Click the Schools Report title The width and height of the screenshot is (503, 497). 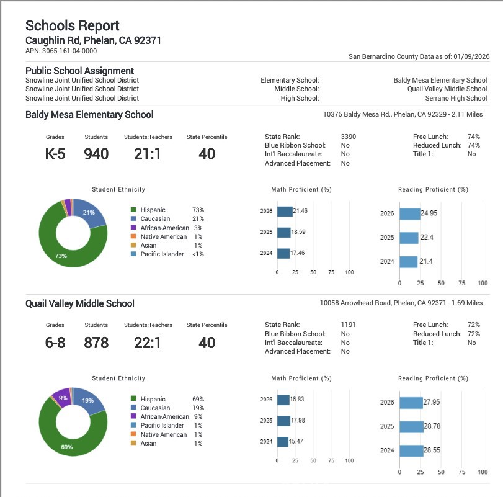click(72, 26)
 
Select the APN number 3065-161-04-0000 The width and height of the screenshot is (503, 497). click(61, 51)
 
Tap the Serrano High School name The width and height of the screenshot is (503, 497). click(456, 98)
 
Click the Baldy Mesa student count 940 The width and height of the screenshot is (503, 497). click(96, 154)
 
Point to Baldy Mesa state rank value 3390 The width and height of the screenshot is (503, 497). click(349, 137)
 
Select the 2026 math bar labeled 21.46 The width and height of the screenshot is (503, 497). click(285, 212)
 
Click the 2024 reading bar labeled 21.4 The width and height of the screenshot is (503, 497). click(408, 262)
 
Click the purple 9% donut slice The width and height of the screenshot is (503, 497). click(63, 397)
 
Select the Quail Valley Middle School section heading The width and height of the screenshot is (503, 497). click(80, 303)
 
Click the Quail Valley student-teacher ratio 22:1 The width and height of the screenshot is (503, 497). click(148, 343)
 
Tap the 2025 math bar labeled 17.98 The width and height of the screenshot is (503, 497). click(283, 421)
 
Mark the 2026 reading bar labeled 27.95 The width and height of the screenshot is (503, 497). click(411, 402)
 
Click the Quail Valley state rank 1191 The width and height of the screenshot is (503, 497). click(348, 325)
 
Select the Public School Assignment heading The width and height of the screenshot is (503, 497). click(80, 71)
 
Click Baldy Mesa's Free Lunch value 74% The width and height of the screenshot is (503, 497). click(474, 137)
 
